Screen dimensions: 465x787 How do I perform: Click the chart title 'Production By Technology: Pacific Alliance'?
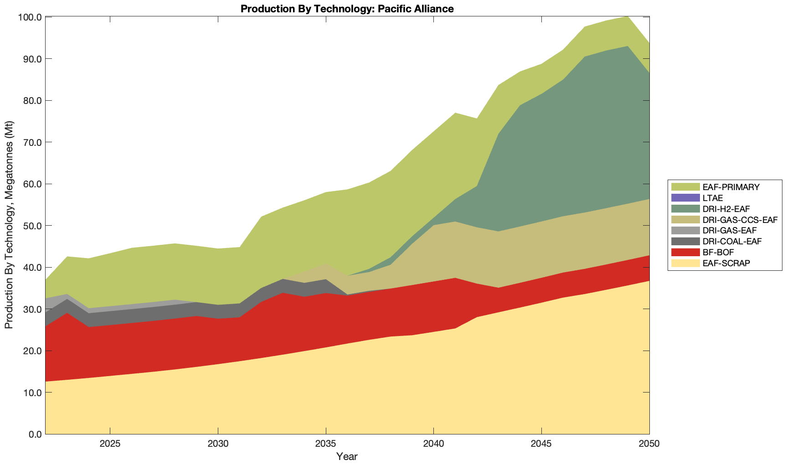(x=347, y=8)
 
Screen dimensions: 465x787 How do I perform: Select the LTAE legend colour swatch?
(x=685, y=198)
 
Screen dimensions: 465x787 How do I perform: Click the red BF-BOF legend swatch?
(x=685, y=252)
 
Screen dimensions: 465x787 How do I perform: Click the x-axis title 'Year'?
(x=347, y=456)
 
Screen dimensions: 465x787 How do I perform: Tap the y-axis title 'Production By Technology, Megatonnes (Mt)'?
(x=9, y=225)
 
